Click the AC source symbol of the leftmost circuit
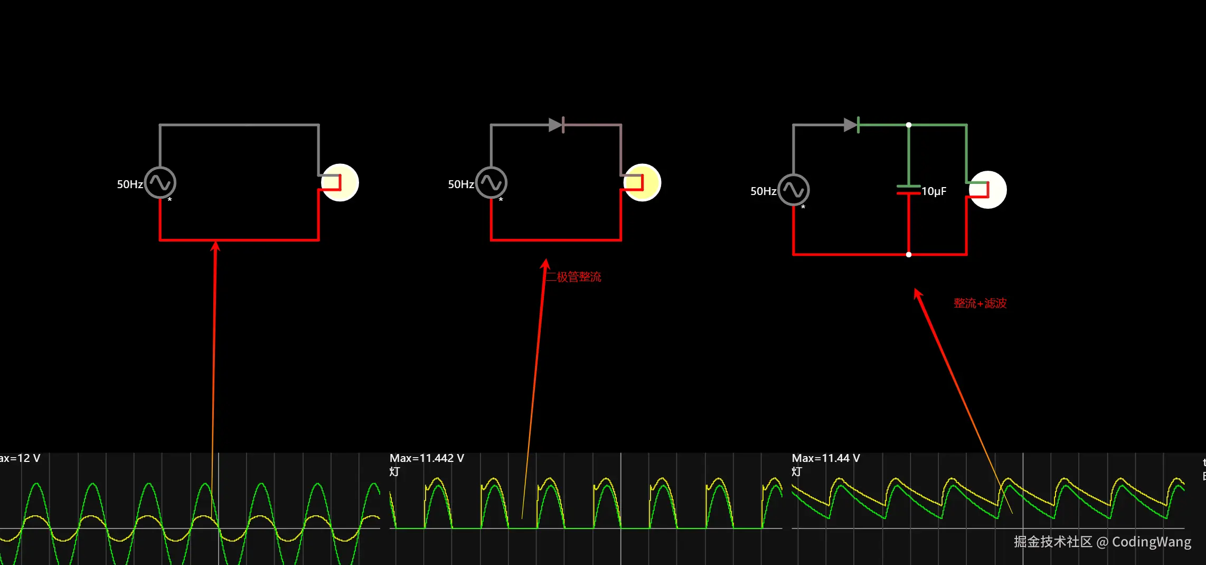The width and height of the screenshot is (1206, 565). click(160, 183)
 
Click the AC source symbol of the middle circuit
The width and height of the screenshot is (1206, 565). click(491, 183)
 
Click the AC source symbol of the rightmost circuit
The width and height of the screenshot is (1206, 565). click(793, 190)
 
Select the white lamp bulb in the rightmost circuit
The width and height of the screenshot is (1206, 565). click(988, 190)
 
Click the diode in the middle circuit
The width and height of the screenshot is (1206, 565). click(557, 125)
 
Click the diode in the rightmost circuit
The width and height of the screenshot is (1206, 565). click(851, 125)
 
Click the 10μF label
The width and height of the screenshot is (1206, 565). click(934, 191)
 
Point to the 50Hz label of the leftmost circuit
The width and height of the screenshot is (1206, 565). click(130, 184)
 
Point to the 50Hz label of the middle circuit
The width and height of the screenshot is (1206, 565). click(461, 184)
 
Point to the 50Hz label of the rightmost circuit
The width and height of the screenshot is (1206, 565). click(764, 191)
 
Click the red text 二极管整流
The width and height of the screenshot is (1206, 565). click(573, 277)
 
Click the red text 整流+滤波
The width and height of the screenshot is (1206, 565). click(980, 303)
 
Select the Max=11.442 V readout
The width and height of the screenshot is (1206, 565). click(427, 458)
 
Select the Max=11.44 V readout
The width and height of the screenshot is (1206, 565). click(826, 458)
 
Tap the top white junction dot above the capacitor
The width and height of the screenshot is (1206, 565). click(909, 125)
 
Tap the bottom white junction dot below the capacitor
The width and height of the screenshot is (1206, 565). click(909, 255)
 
